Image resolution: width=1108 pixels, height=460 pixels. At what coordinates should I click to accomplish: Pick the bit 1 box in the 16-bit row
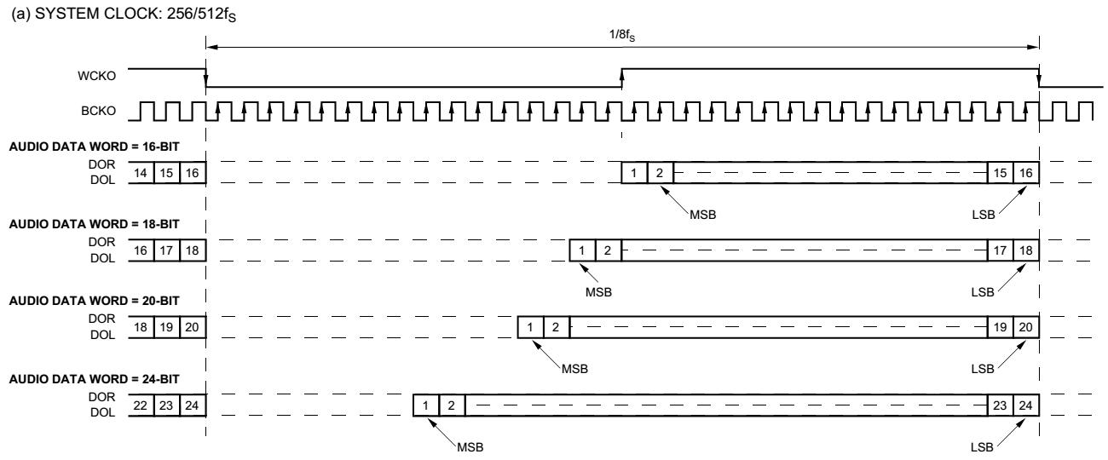pyautogui.click(x=635, y=173)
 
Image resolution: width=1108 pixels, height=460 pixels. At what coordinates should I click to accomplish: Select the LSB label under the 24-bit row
pyautogui.click(x=984, y=448)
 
